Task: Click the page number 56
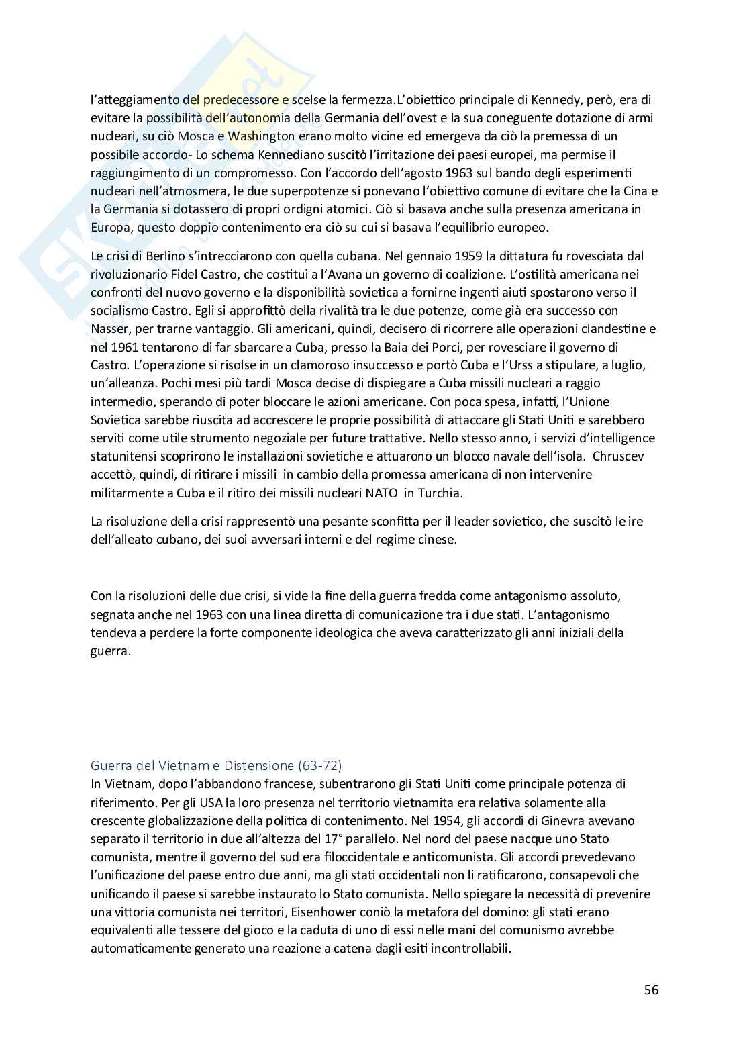(x=650, y=990)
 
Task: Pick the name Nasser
(x=109, y=329)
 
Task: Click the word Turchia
(x=440, y=492)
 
